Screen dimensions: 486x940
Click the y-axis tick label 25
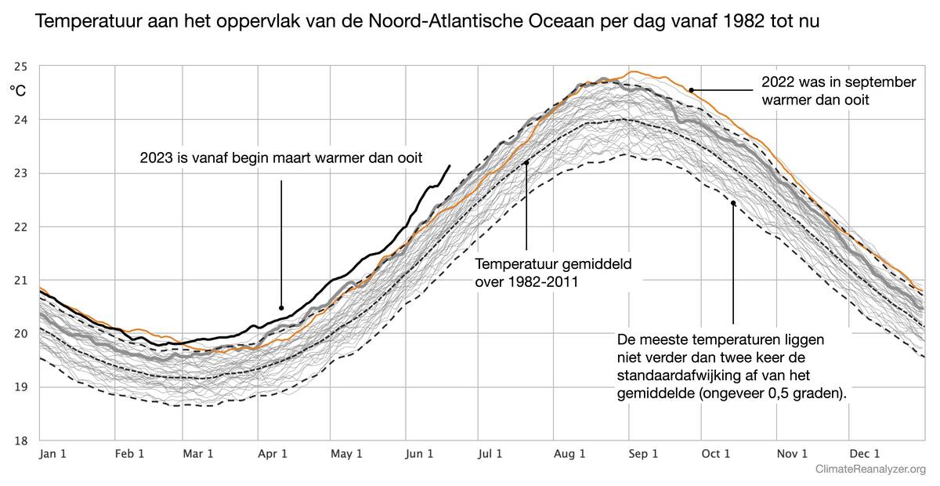20,67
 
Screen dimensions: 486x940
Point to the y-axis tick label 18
20,441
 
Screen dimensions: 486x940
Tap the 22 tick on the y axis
20,227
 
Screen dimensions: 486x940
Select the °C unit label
17,91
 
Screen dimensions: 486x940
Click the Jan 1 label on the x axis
52,454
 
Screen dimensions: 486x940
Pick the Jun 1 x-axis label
421,454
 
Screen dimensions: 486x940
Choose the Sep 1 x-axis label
645,454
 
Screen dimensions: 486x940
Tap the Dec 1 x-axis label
866,454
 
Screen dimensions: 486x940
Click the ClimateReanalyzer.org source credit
870,470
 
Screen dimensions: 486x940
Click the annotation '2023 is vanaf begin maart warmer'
281,158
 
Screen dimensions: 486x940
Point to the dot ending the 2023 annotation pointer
281,307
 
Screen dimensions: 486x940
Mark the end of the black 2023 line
450,165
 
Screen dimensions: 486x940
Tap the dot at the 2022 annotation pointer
692,90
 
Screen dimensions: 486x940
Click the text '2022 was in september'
838,82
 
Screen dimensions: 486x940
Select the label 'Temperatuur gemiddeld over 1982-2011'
553,272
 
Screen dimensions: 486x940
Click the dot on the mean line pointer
526,163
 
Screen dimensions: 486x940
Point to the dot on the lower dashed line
733,203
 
